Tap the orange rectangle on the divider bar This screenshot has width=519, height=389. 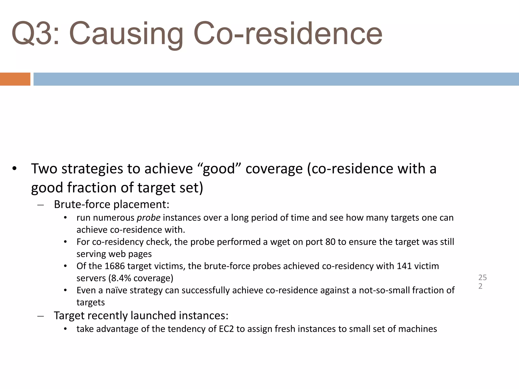(15, 79)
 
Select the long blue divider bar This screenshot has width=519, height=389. (276, 79)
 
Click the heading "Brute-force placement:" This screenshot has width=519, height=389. (112, 204)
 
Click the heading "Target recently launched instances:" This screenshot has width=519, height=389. (141, 316)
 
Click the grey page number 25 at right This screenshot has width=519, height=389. (482, 278)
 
